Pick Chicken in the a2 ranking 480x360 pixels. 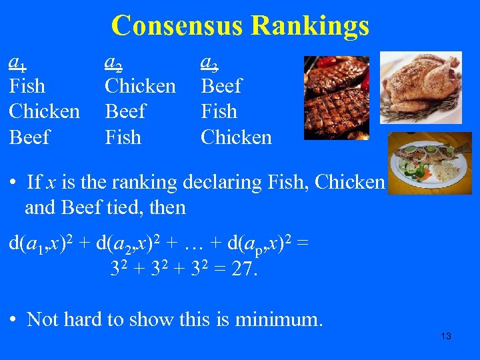140,86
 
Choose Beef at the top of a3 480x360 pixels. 221,86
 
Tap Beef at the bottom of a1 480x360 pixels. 29,137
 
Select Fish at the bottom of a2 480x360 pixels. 123,137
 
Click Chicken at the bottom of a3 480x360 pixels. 236,137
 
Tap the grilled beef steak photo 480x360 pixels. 336,97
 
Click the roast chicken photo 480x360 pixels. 427,87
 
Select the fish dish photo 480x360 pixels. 429,164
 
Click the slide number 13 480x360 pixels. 446,336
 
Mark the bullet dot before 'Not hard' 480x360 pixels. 14,320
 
